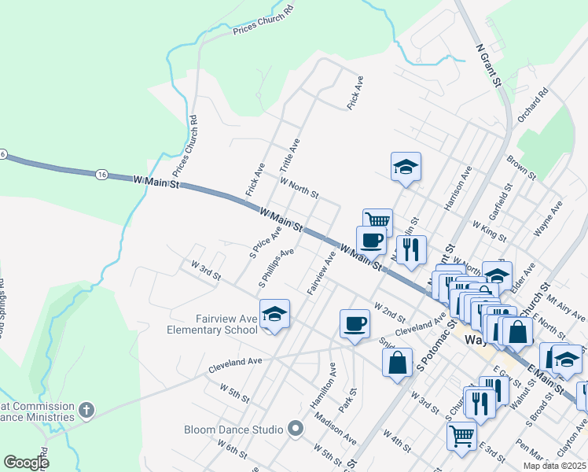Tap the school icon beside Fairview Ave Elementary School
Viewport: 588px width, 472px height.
click(274, 314)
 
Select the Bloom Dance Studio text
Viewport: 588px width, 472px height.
click(233, 430)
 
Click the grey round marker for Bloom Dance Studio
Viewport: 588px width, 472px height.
click(296, 429)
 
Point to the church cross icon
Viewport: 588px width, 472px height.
click(86, 410)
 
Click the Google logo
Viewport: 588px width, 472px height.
click(26, 463)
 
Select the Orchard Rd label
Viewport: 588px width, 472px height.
click(554, 103)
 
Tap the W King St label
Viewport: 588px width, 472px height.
click(488, 230)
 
